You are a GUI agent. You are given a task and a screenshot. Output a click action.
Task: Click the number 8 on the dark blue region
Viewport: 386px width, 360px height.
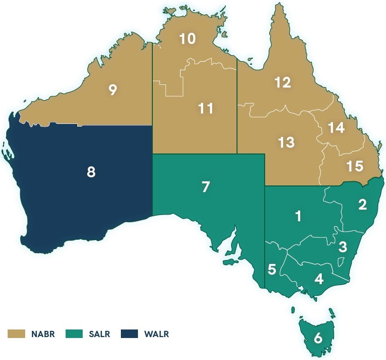(91, 172)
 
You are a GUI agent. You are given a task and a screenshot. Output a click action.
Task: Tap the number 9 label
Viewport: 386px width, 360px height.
(113, 90)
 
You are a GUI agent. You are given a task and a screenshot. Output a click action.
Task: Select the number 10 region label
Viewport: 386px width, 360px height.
(187, 39)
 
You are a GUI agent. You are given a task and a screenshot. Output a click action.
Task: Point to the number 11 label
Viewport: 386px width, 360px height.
(205, 109)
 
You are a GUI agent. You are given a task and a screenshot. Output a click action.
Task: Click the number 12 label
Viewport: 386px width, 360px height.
(283, 82)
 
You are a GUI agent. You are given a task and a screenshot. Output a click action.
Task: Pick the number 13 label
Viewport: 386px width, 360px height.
(286, 142)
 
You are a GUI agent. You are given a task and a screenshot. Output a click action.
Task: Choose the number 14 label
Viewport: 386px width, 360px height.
(336, 128)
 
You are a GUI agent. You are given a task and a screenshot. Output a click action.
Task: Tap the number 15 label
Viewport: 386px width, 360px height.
(355, 166)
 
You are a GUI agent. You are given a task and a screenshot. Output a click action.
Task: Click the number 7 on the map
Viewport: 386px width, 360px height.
(206, 187)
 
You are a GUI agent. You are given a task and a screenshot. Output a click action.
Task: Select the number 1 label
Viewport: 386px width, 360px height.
(298, 216)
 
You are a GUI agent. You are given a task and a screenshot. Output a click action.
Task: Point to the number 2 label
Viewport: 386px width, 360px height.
(363, 205)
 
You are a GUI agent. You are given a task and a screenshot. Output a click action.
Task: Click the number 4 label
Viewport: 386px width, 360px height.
(319, 279)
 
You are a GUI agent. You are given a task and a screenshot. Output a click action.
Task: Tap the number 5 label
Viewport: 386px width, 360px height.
(272, 270)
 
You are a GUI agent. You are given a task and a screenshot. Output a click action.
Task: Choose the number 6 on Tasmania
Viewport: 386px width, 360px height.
(318, 338)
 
